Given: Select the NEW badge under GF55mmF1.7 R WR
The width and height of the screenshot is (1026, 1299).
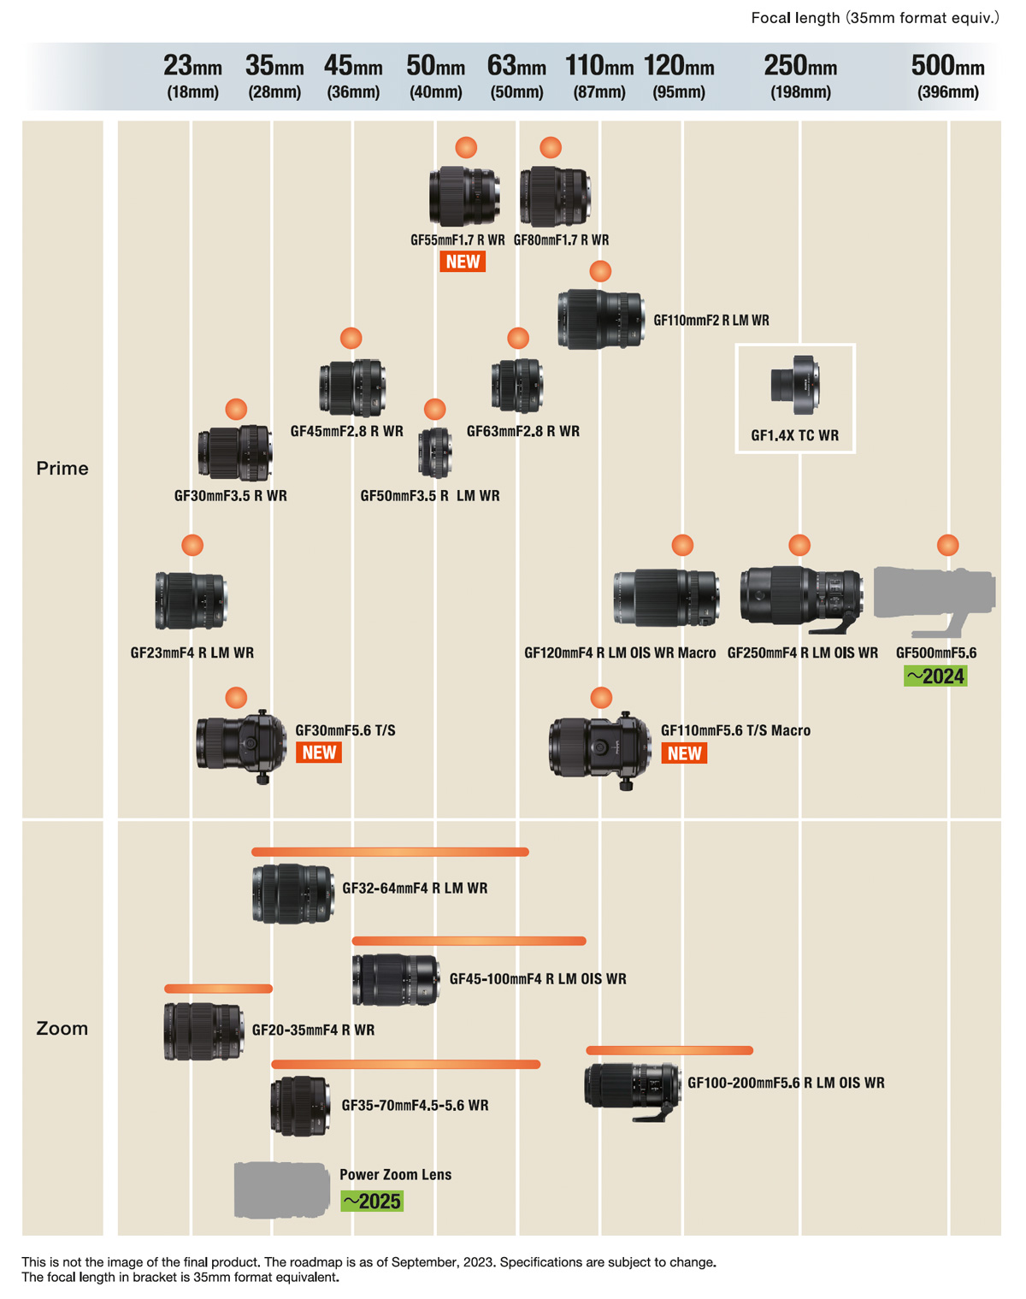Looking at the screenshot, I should click(463, 262).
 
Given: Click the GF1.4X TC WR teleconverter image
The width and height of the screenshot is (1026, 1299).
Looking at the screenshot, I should click(795, 382).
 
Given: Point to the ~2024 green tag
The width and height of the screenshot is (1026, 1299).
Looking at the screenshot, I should click(935, 676).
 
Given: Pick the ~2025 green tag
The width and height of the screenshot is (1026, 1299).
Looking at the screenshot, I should click(372, 1201).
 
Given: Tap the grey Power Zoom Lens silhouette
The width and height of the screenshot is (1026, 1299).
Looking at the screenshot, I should click(281, 1190).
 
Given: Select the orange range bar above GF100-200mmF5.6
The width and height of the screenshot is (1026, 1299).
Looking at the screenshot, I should click(669, 1050).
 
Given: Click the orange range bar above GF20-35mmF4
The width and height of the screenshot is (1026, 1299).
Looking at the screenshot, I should click(218, 989).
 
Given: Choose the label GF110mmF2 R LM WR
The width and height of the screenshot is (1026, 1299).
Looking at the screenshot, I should click(711, 321).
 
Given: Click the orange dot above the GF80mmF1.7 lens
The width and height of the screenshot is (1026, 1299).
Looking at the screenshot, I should click(550, 147).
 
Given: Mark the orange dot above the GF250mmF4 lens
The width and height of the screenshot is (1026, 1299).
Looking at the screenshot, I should click(799, 545).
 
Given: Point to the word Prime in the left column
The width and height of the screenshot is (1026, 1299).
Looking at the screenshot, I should click(62, 468).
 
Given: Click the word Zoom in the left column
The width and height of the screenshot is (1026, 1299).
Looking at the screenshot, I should click(62, 1028).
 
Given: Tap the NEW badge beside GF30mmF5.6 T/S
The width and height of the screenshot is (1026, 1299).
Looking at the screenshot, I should click(319, 753).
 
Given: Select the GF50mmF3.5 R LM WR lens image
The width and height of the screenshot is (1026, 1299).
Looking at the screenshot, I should click(435, 452).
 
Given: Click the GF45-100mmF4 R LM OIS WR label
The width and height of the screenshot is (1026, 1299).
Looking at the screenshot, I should click(538, 978).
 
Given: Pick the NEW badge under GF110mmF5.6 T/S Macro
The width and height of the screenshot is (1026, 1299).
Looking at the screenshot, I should click(684, 753).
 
